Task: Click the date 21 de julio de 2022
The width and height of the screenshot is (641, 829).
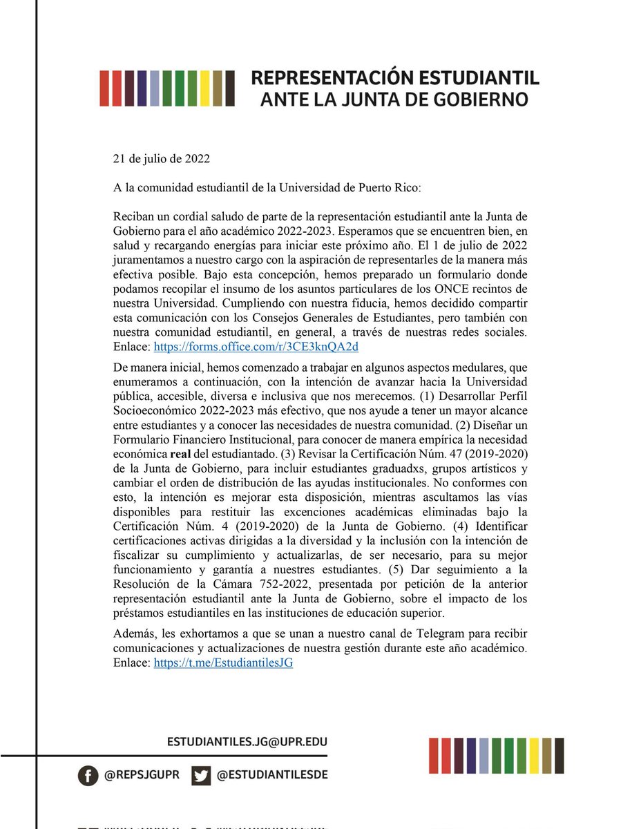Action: (162, 158)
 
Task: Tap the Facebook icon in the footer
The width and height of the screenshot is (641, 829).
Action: (87, 776)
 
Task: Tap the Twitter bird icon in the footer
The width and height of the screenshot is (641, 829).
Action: (202, 776)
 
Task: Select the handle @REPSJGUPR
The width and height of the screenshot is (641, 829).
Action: (142, 776)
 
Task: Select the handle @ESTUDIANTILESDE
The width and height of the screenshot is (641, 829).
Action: (272, 776)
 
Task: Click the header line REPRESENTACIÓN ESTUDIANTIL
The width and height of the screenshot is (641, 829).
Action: (394, 77)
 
